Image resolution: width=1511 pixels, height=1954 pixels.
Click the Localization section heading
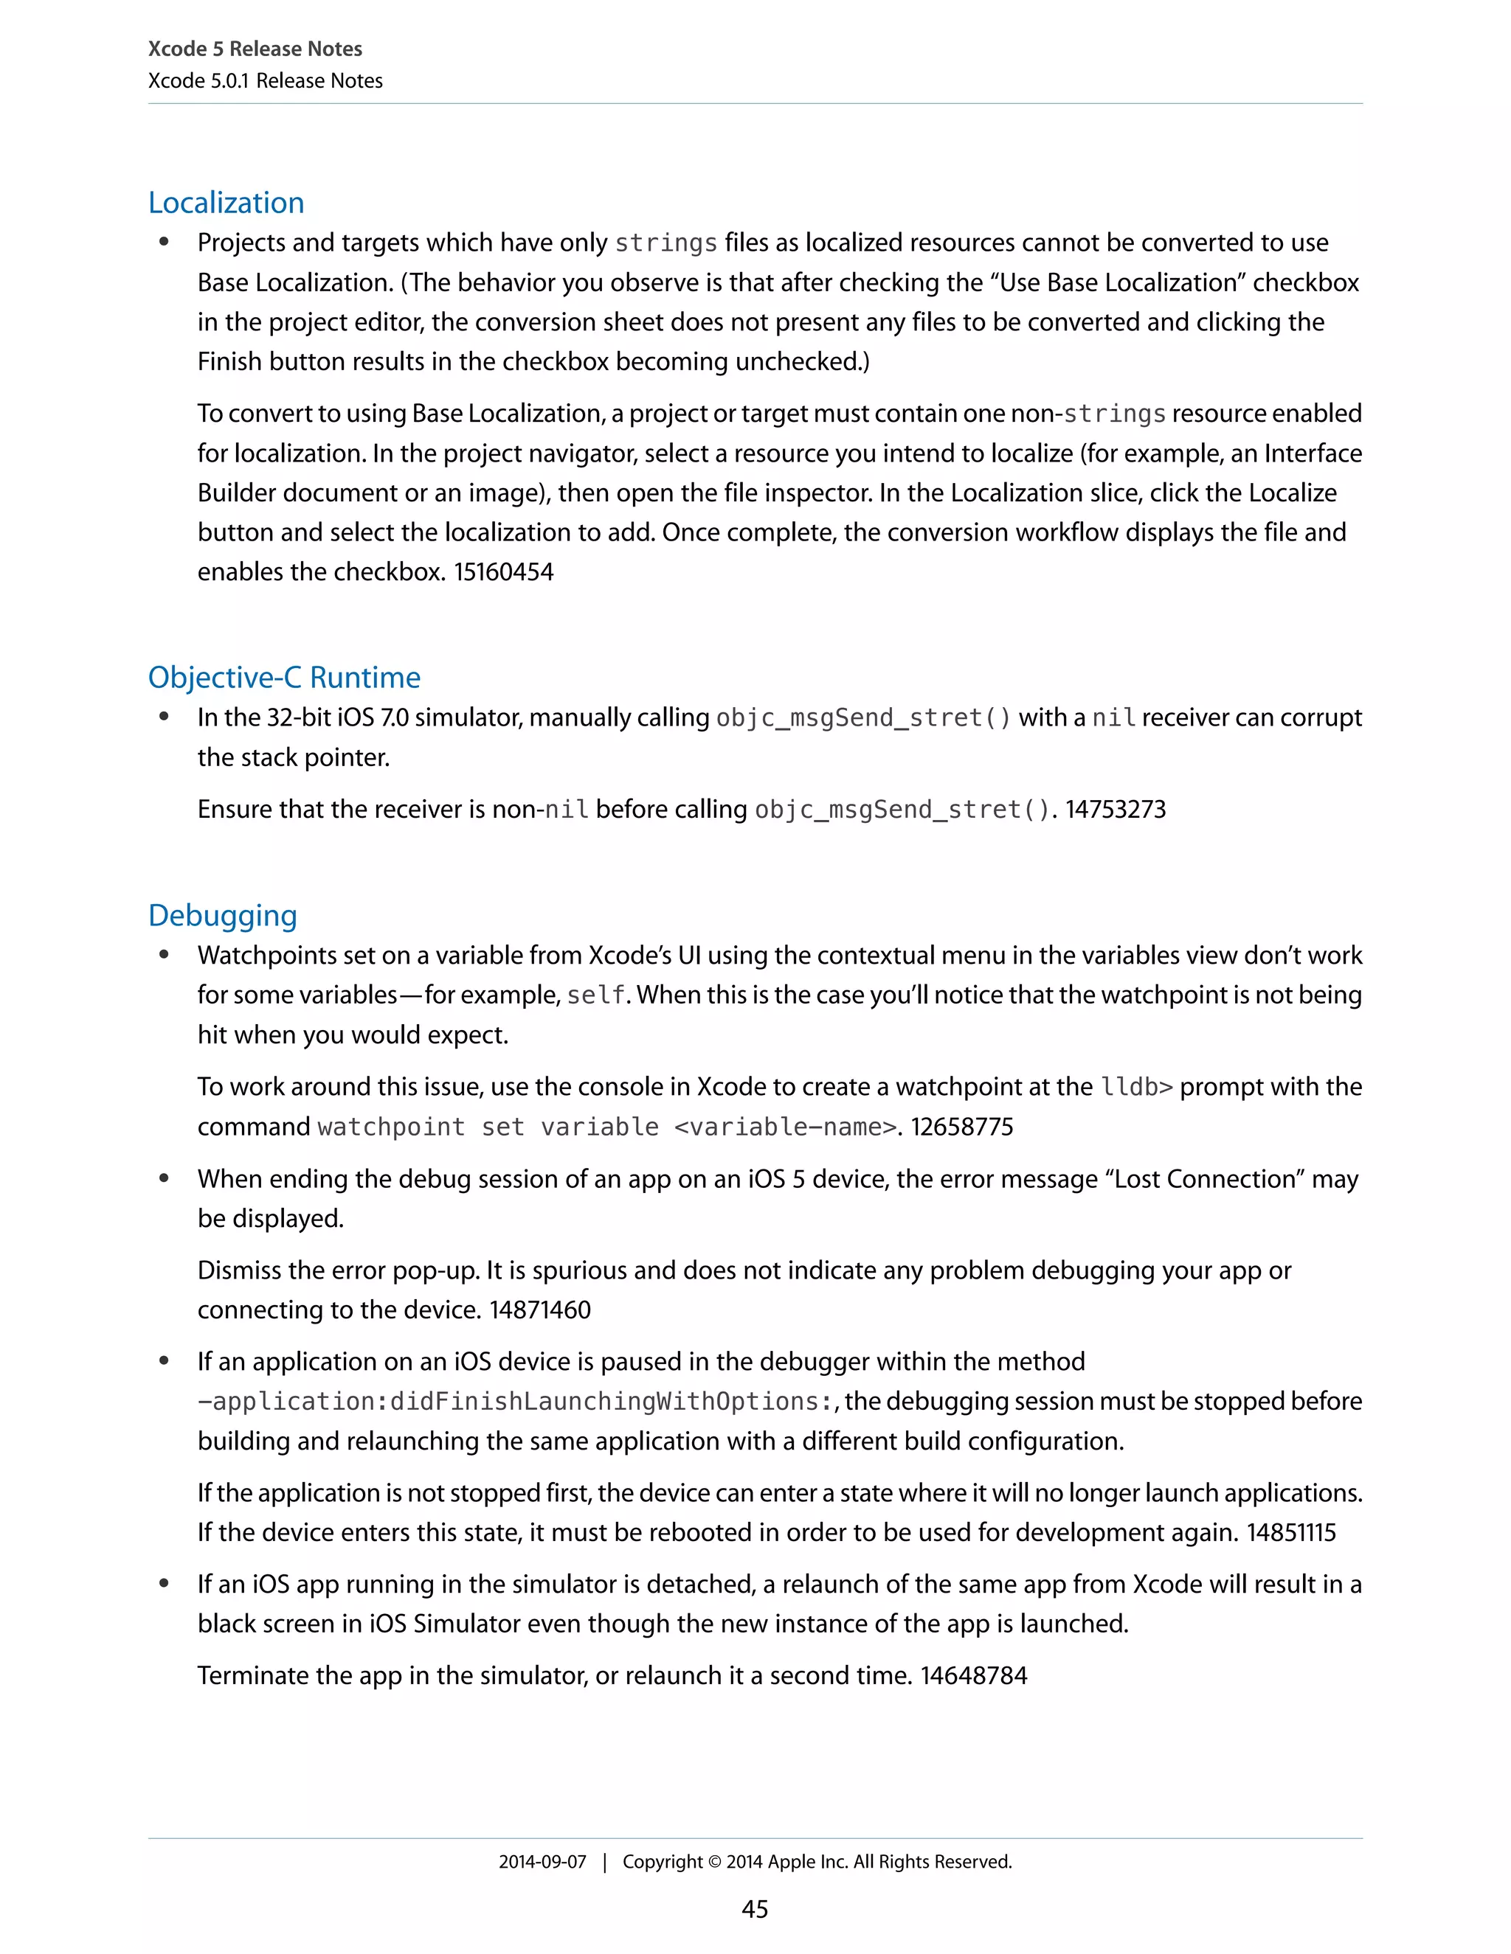coord(226,203)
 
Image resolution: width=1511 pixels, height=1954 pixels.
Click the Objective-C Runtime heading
coord(284,678)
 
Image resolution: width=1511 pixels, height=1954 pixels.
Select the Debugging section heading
coord(222,915)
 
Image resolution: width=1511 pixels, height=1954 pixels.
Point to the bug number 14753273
coord(1115,810)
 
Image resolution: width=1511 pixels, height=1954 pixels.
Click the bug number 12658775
coord(962,1127)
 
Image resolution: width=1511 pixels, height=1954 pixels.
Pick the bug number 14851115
coord(1291,1533)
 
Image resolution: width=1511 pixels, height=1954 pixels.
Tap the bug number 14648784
coord(974,1676)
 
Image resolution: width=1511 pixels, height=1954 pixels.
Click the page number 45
coord(755,1909)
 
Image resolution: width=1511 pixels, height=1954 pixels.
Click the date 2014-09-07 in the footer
coord(542,1862)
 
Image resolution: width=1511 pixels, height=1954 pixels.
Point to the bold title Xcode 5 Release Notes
coord(255,49)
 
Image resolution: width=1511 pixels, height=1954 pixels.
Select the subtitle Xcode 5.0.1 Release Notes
coord(265,80)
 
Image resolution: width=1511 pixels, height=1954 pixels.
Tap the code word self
coord(595,995)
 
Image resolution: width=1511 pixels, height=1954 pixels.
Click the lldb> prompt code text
coord(1136,1087)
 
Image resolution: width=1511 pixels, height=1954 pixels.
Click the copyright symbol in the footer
coord(713,1862)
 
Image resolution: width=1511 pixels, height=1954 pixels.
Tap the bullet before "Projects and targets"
coord(164,242)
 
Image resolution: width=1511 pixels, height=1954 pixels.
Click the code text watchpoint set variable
coord(488,1127)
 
